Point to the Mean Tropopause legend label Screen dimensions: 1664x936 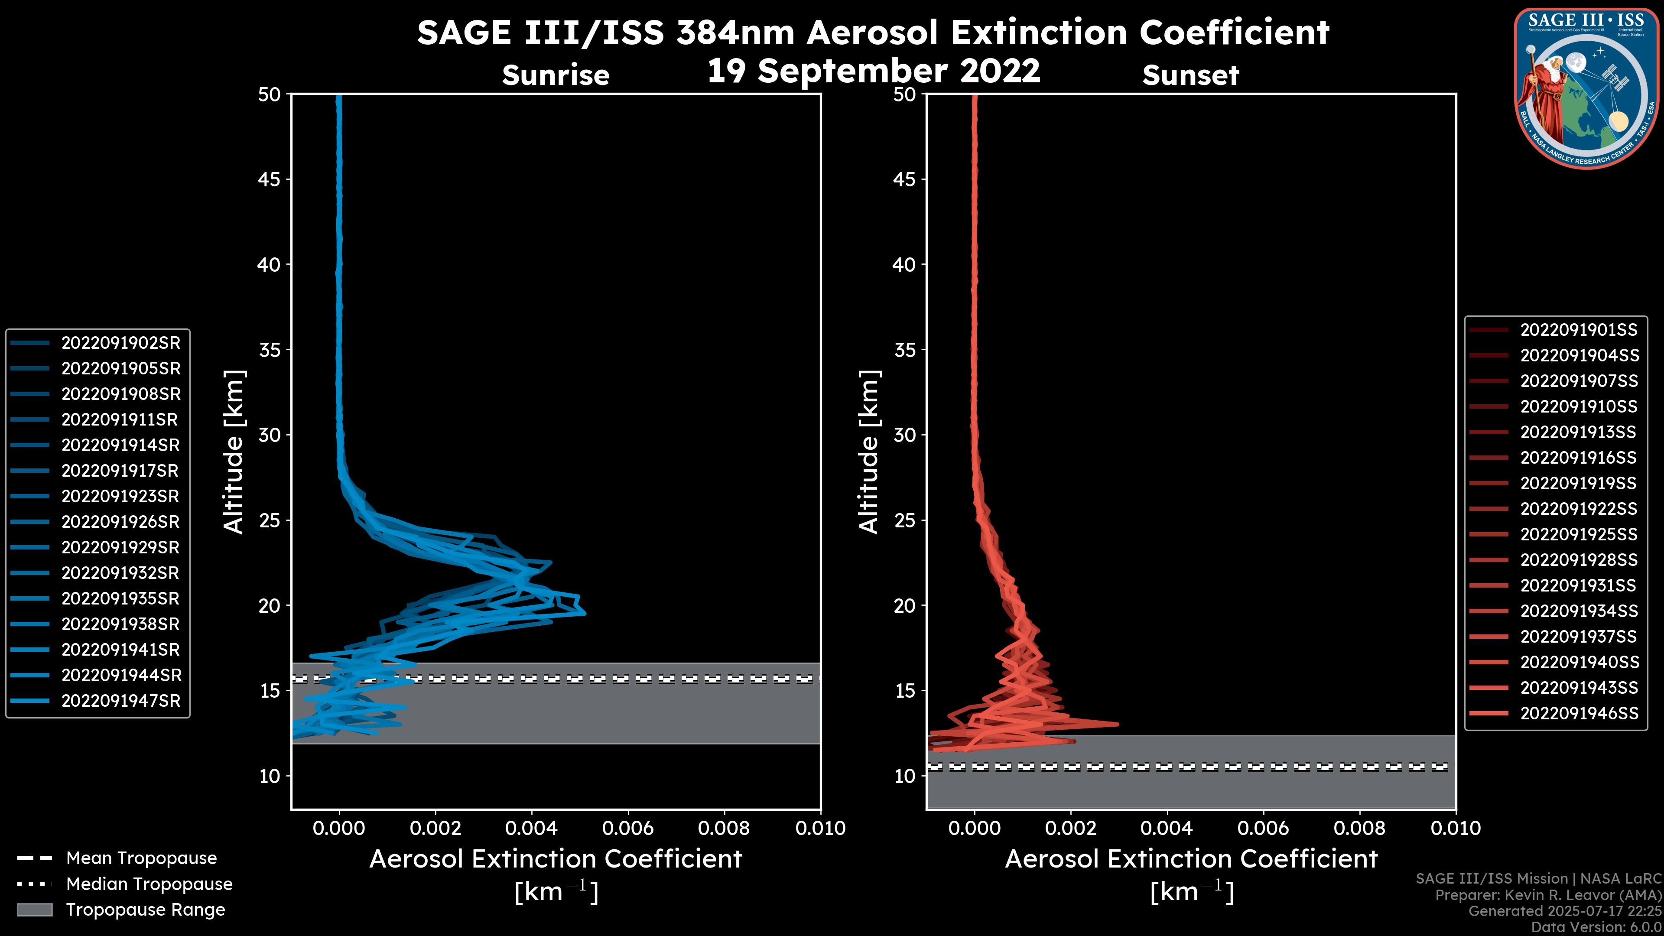(141, 858)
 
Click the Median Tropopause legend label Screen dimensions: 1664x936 (149, 884)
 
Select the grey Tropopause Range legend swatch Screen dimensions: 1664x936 (34, 910)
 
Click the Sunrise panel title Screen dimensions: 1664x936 (556, 75)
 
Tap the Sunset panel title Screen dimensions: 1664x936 (1190, 75)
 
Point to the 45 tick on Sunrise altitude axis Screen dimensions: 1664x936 (270, 179)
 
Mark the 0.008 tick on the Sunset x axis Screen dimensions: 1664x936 (1360, 828)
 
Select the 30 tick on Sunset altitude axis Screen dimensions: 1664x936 (905, 435)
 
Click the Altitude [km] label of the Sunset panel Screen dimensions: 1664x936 (869, 452)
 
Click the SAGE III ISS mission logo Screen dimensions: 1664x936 (1587, 88)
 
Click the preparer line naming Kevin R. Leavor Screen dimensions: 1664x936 (1548, 895)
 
